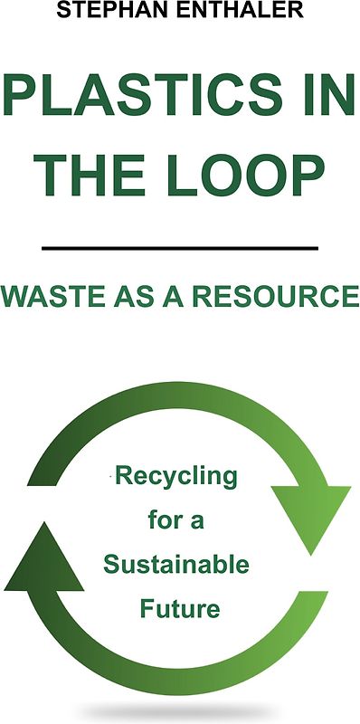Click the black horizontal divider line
pos(180,247)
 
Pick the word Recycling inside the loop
pos(176,476)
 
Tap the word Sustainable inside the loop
pos(175,565)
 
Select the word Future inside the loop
pos(180,609)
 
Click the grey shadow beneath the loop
pos(180,711)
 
